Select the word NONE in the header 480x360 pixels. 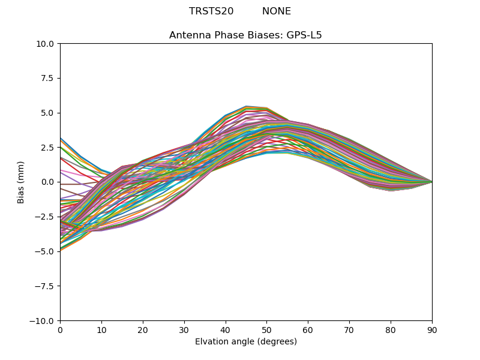276,11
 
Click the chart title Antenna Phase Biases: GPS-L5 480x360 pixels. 245,35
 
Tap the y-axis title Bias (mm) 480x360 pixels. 21,182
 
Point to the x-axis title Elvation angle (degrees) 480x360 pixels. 245,341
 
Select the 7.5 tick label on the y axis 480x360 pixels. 48,78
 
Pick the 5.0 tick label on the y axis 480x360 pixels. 48,113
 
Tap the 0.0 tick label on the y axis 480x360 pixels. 48,182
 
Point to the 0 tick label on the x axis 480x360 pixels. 60,329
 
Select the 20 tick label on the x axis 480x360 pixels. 143,329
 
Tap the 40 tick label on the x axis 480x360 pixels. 226,329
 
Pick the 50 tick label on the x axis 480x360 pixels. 266,329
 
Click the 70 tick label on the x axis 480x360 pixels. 349,329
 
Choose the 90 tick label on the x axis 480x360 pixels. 432,329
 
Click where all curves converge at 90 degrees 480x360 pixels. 431,182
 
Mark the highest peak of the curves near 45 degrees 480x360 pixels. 246,106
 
